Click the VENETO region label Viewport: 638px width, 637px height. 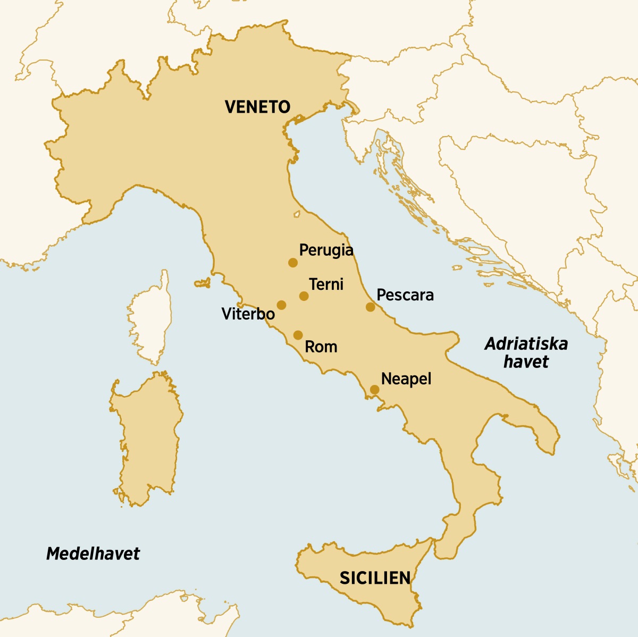coord(257,107)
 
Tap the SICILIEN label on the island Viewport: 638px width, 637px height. coord(375,578)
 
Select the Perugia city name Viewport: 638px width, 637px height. coord(326,249)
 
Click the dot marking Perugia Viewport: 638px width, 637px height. coord(292,263)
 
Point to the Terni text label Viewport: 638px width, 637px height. coord(326,284)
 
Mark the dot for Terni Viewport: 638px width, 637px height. coord(304,296)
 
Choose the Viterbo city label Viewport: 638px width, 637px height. coord(248,314)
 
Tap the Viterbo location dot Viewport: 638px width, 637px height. coord(281,305)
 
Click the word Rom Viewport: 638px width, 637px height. coord(321,347)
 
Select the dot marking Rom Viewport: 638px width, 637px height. coord(298,335)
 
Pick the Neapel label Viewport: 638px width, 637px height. coord(406,379)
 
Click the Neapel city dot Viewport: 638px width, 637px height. coord(374,390)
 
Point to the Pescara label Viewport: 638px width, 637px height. coord(405,295)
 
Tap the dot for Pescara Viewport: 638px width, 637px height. coord(370,307)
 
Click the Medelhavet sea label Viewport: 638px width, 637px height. coord(93,554)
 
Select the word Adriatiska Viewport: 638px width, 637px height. coord(526,344)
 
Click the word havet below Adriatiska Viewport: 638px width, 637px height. coord(526,362)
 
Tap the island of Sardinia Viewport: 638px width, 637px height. coord(146,436)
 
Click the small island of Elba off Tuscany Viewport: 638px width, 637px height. coord(203,283)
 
